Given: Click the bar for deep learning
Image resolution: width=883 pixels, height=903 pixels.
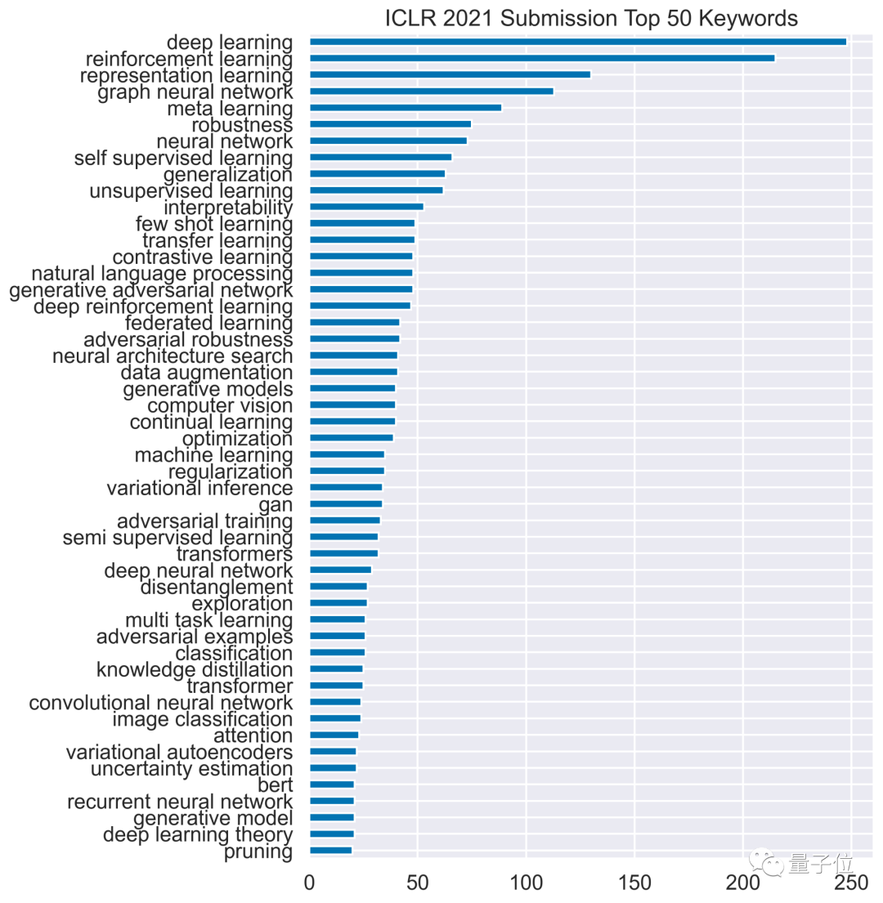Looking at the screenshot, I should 577,42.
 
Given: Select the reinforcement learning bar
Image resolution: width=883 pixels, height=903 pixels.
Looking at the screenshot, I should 541,58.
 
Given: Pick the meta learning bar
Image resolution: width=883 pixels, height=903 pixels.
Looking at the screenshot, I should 405,108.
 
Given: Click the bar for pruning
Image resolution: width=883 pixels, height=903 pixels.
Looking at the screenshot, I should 330,851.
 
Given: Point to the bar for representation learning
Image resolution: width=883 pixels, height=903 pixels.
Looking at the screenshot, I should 450,74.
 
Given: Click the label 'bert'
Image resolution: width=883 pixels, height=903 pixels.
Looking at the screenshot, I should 275,785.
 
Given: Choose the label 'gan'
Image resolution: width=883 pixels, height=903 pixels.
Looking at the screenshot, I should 276,504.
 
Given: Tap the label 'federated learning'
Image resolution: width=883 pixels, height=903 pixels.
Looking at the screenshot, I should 208,322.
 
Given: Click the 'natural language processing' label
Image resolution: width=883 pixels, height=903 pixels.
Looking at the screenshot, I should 162,273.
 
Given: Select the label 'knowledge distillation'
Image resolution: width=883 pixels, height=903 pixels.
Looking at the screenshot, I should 195,670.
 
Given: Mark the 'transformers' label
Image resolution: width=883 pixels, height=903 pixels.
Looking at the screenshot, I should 235,554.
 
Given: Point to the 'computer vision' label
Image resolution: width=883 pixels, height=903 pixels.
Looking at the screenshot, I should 220,405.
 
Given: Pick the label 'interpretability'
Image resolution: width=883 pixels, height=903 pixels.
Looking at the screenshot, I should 228,207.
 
